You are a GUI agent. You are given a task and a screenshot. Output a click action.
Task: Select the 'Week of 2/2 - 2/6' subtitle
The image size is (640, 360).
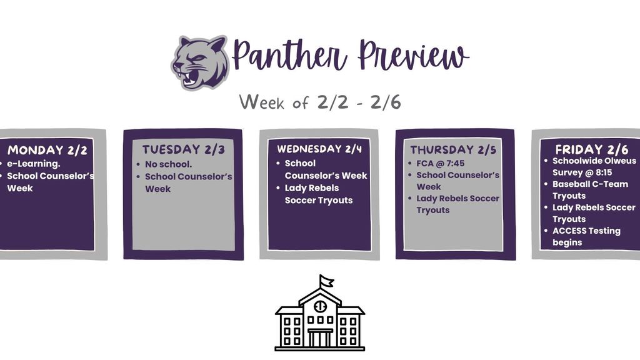click(x=320, y=102)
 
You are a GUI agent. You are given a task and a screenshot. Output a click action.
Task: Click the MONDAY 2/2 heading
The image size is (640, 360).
click(x=47, y=150)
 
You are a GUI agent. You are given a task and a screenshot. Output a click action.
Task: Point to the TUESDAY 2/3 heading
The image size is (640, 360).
click(x=183, y=149)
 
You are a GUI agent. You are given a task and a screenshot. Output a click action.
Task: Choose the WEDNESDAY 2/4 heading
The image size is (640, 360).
click(x=319, y=149)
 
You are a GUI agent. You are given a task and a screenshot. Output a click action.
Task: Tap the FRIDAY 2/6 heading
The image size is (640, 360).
click(x=591, y=149)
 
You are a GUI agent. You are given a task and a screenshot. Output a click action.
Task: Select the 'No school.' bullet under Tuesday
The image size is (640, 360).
click(x=168, y=164)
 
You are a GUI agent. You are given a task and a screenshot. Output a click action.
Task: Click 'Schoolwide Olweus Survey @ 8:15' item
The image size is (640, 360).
click(x=594, y=166)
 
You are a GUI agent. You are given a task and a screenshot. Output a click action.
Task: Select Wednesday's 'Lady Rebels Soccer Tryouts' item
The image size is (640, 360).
click(x=318, y=194)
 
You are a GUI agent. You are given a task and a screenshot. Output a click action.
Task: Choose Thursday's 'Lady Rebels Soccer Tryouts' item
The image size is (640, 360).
click(x=457, y=204)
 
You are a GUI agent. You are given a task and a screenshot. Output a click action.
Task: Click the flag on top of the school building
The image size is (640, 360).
click(x=326, y=281)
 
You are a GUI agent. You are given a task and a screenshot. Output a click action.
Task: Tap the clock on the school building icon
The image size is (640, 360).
click(x=320, y=306)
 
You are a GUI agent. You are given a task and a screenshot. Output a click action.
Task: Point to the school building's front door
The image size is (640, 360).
click(x=320, y=338)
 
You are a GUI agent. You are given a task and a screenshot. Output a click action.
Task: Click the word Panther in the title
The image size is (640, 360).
click(x=289, y=56)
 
